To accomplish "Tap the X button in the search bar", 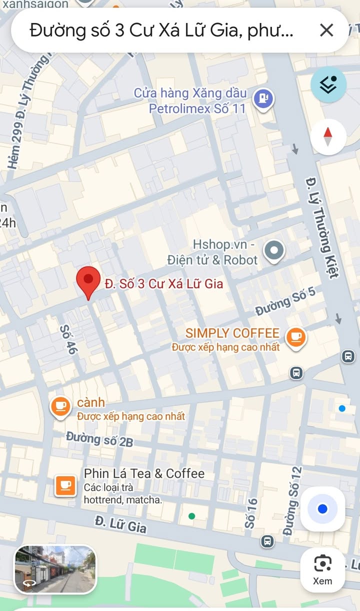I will (x=326, y=30).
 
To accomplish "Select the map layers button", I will (x=328, y=85).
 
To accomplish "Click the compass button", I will (x=328, y=136).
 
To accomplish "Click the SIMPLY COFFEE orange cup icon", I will (x=296, y=337).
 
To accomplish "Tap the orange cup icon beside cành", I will (x=60, y=406).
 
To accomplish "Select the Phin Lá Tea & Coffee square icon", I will (x=65, y=485).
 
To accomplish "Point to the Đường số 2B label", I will (x=99, y=439).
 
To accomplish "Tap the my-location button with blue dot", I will (x=322, y=509).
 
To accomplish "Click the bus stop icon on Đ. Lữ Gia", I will (x=267, y=541).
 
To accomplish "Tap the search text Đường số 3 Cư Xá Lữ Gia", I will (x=161, y=31).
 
